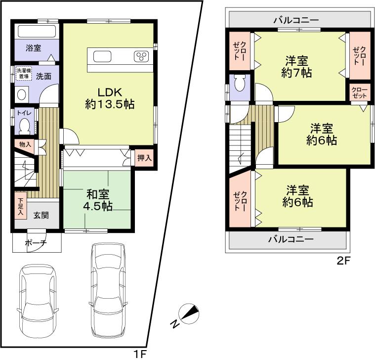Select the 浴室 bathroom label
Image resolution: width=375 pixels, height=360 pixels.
click(x=33, y=48)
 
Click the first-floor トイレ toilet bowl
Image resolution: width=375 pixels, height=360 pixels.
click(x=24, y=126)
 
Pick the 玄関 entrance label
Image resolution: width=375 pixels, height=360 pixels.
click(x=41, y=216)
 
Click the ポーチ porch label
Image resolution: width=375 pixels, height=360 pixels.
click(x=36, y=243)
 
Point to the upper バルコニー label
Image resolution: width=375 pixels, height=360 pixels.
click(x=296, y=20)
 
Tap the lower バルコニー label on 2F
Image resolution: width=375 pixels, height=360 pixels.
click(x=291, y=239)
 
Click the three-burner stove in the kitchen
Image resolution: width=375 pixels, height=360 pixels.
click(x=141, y=56)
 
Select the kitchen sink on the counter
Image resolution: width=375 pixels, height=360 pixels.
click(x=103, y=56)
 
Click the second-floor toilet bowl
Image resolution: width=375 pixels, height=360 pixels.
click(x=240, y=85)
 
